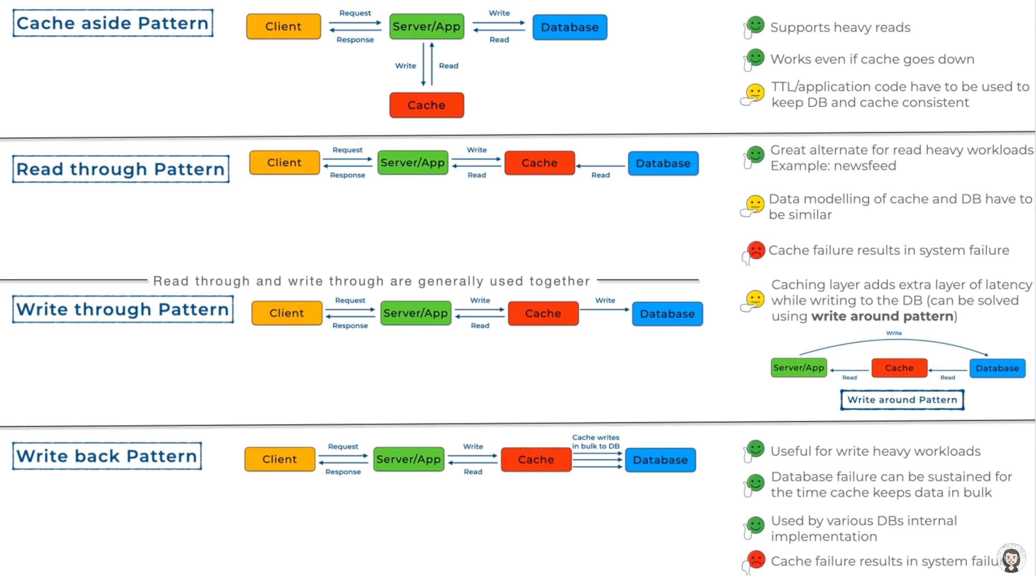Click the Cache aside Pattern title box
pyautogui.click(x=113, y=24)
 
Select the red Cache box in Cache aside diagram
pyautogui.click(x=426, y=105)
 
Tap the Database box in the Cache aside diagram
pyautogui.click(x=569, y=27)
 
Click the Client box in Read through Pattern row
pyautogui.click(x=284, y=163)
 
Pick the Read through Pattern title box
pyautogui.click(x=121, y=169)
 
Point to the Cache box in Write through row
pyautogui.click(x=543, y=313)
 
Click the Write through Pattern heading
pyautogui.click(x=123, y=309)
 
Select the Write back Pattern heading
pyautogui.click(x=107, y=456)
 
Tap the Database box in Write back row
pyautogui.click(x=660, y=460)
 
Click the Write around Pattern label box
pyautogui.click(x=902, y=400)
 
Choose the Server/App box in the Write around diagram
pyautogui.click(x=799, y=367)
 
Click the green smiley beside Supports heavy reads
pyautogui.click(x=755, y=25)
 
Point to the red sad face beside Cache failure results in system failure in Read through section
pyautogui.click(x=756, y=250)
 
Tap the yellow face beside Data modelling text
pyautogui.click(x=755, y=204)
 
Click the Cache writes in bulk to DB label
pyautogui.click(x=596, y=442)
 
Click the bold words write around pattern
pyautogui.click(x=882, y=316)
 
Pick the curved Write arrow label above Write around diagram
pyautogui.click(x=894, y=333)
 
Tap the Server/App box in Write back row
pyautogui.click(x=408, y=459)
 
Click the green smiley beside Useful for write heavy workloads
pyautogui.click(x=755, y=448)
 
